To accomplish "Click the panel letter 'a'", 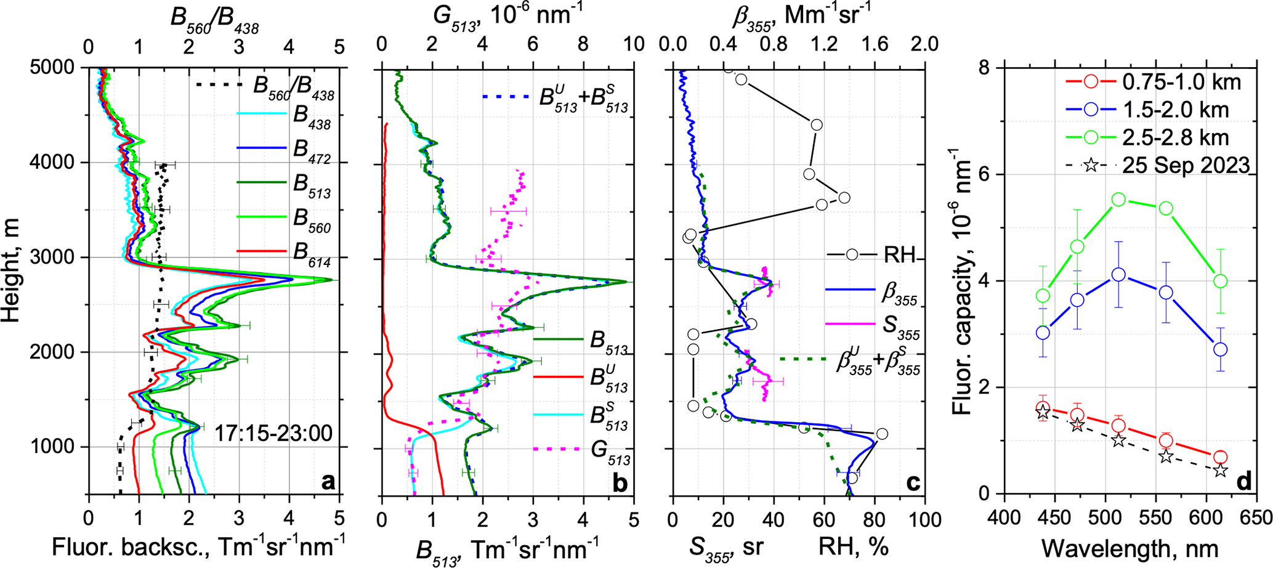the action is pyautogui.click(x=328, y=481).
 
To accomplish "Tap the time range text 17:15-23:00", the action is pyautogui.click(x=273, y=433).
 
